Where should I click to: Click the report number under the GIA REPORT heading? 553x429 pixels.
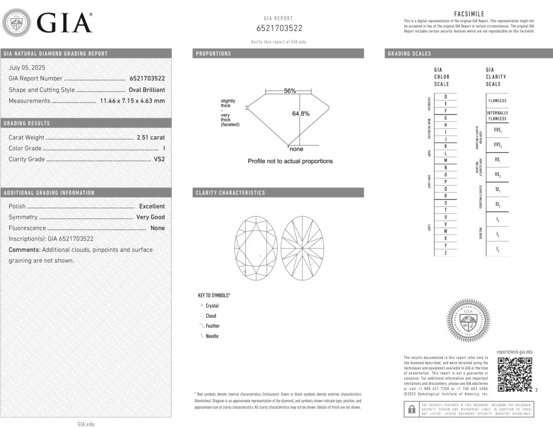tap(279, 28)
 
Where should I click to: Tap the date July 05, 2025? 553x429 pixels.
tap(27, 68)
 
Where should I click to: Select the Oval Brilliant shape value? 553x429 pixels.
tap(146, 90)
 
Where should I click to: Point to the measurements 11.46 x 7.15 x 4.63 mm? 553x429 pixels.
tap(132, 100)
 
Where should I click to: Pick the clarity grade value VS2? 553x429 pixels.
tap(159, 159)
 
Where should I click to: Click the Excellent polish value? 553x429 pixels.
tap(152, 206)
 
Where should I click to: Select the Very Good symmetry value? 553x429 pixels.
tap(150, 217)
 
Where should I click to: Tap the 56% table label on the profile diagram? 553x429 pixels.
tap(290, 91)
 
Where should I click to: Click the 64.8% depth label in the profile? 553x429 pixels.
tap(301, 113)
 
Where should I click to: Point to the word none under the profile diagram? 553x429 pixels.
tap(296, 149)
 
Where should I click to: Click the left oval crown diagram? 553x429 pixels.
tap(256, 248)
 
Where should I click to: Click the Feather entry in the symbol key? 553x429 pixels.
tap(212, 326)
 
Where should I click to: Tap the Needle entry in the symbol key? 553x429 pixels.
tap(212, 336)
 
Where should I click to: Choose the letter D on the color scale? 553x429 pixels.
tap(445, 96)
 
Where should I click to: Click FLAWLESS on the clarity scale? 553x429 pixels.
tap(497, 100)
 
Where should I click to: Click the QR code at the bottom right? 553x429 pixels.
tap(514, 374)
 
